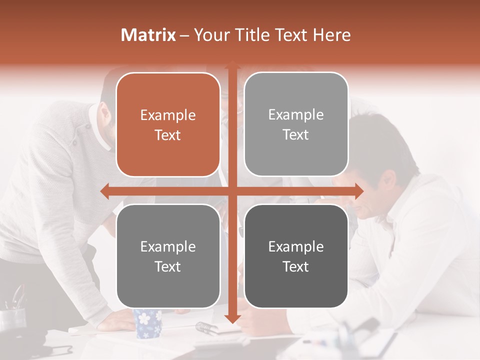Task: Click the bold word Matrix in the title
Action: pos(148,35)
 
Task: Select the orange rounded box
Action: pos(168,124)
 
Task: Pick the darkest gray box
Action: pos(296,256)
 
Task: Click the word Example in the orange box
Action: pos(168,115)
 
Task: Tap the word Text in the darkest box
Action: pos(296,266)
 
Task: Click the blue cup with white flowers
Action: pos(147,323)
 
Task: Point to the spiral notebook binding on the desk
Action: pos(206,327)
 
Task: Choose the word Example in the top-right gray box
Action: pos(296,114)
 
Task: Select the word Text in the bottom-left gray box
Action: pos(168,266)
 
